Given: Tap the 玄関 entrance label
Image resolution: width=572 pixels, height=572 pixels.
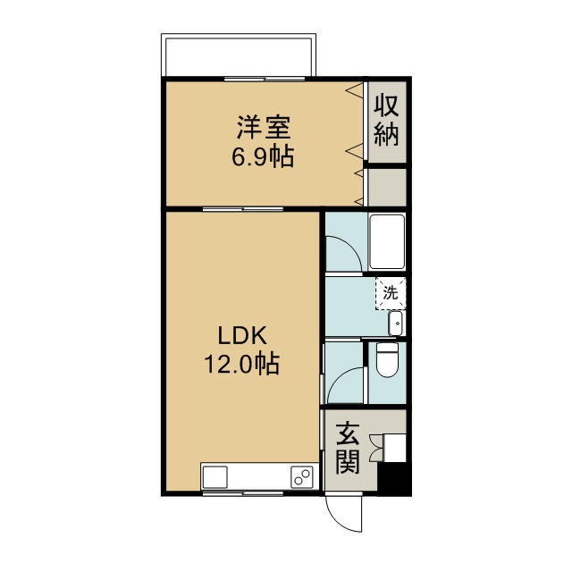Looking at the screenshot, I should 348,450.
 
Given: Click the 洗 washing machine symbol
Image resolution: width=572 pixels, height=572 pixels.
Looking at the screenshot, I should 390,291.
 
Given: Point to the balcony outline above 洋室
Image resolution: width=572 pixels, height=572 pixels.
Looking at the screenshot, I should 239,55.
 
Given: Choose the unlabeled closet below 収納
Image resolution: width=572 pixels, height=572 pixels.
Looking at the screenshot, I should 387,188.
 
